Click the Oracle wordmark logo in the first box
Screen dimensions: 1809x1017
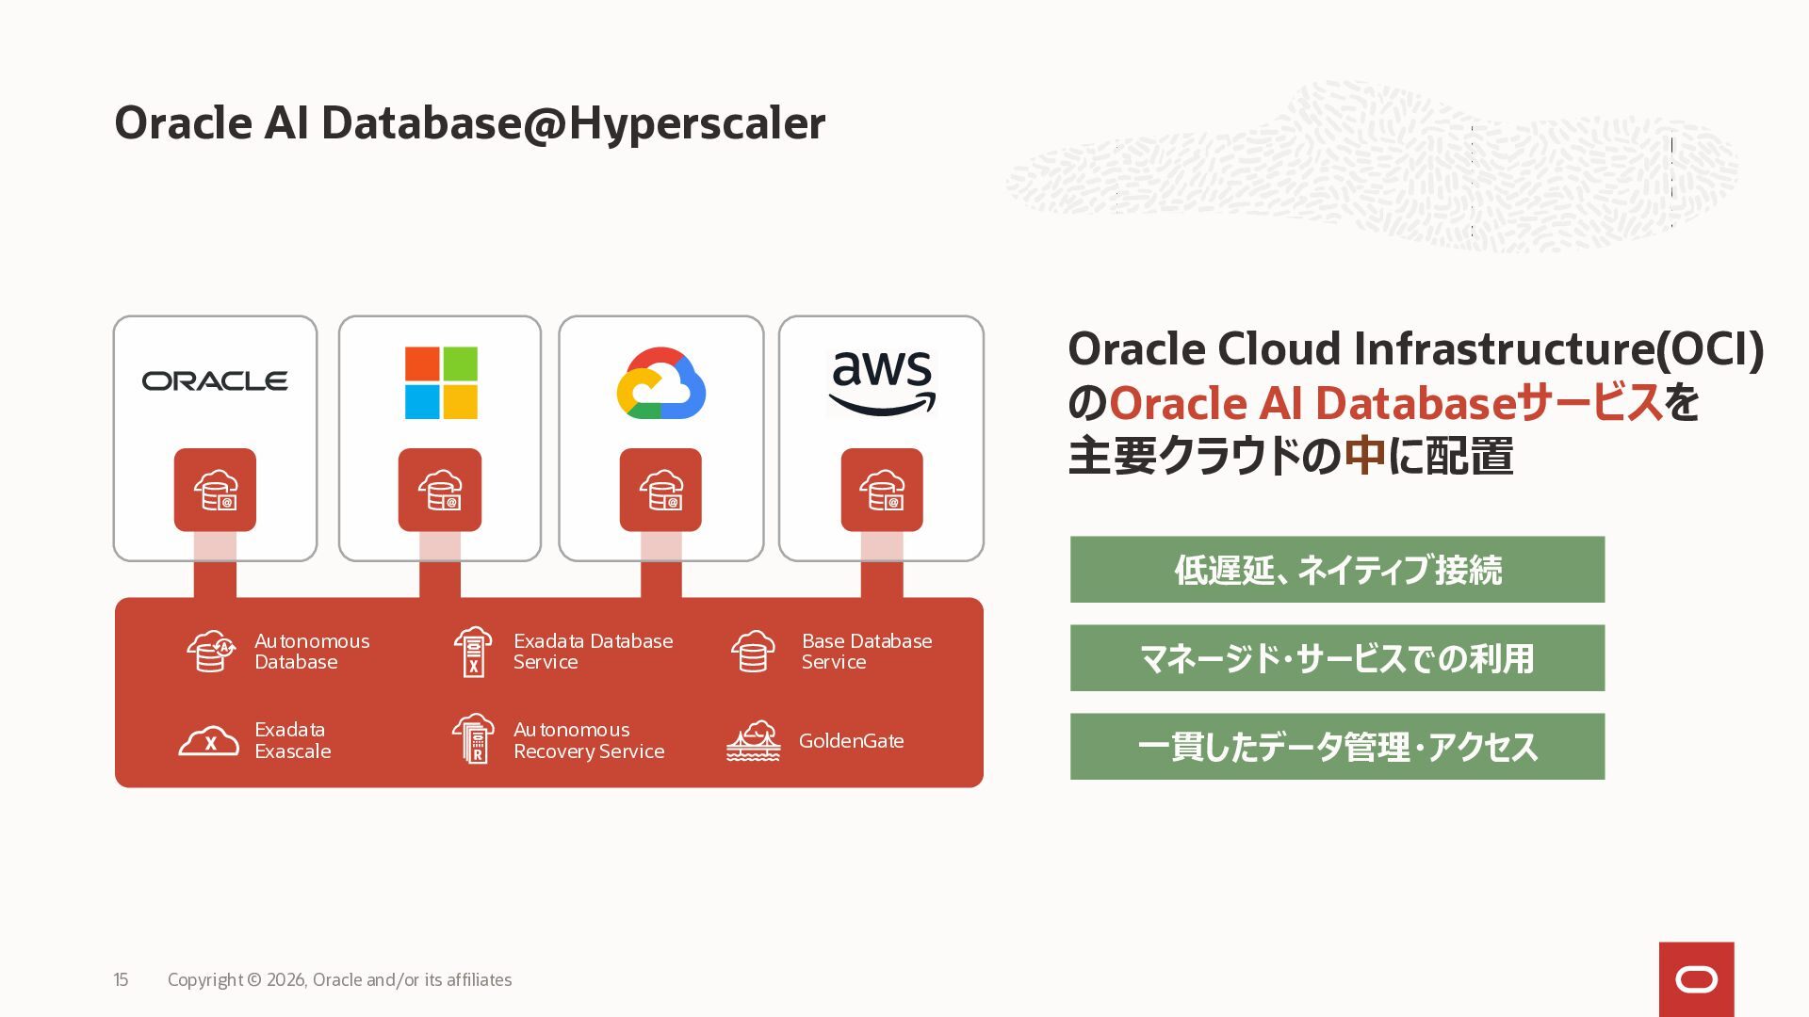click(215, 380)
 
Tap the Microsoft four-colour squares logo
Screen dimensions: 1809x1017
click(441, 382)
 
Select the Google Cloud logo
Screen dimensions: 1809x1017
click(660, 383)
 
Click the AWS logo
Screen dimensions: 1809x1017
click(882, 382)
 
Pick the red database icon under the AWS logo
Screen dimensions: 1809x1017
click(882, 490)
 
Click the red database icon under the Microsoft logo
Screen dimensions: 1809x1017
click(440, 490)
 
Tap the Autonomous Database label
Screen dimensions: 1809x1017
click(312, 652)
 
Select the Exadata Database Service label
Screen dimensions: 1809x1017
click(594, 652)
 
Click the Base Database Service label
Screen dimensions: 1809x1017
click(867, 652)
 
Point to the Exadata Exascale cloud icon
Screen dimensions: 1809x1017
click(209, 741)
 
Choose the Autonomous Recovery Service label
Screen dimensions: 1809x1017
click(589, 740)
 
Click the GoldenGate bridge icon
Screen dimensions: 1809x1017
click(754, 741)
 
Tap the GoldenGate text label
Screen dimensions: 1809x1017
click(852, 741)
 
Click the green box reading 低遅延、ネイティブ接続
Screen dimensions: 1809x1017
click(1337, 570)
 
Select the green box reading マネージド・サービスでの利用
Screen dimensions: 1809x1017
click(1337, 658)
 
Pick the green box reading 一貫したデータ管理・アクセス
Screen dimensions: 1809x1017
click(1337, 747)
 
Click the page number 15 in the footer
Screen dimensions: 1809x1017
click(121, 980)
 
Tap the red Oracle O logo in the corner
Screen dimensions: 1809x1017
click(1697, 979)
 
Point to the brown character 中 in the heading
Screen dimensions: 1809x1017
click(1365, 456)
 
